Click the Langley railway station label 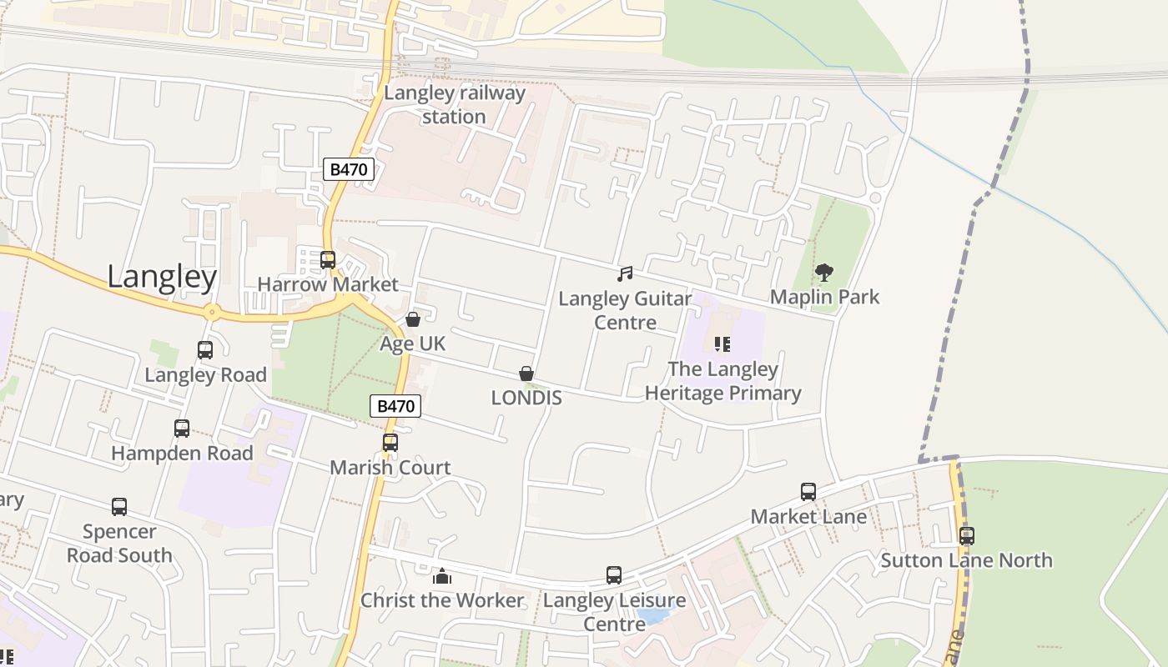[x=455, y=104]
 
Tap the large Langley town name [x=162, y=277]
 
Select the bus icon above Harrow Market [x=328, y=259]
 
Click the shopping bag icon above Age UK [x=412, y=319]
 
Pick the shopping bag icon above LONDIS [x=526, y=374]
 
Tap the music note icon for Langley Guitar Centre [x=625, y=273]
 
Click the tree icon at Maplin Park [x=824, y=272]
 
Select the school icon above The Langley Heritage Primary [x=722, y=344]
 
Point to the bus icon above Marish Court [x=390, y=443]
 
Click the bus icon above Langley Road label [x=205, y=350]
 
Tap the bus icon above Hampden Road [x=182, y=429]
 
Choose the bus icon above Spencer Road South [x=119, y=507]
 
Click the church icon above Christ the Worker [x=442, y=575]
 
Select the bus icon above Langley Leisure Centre [x=614, y=575]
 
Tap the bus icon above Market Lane [x=808, y=492]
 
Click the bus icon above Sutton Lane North [x=966, y=536]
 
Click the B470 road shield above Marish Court [x=395, y=406]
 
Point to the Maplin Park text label [x=824, y=297]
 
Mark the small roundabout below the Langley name [x=211, y=313]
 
